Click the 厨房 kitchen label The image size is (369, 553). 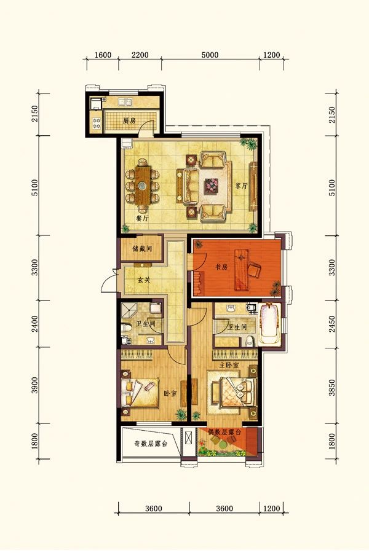point(129,121)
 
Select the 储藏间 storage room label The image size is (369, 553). point(141,251)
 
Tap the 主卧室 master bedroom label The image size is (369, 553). point(229,366)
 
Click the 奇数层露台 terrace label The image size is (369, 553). point(150,444)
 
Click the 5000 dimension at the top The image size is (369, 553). point(210,55)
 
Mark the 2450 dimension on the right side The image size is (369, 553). point(333,324)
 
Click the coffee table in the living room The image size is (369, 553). point(212,184)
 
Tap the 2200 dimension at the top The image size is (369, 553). point(140,55)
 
